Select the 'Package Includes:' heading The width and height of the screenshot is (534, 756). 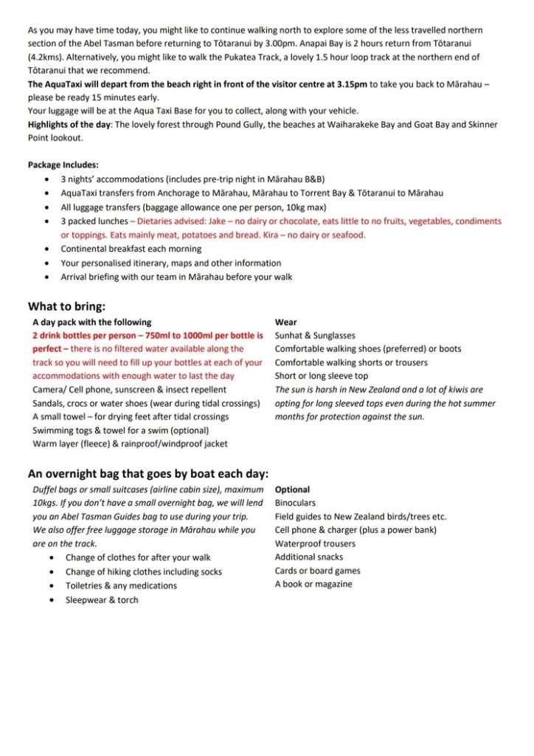point(63,165)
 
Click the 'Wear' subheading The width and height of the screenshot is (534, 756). point(285,322)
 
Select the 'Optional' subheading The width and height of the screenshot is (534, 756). point(292,489)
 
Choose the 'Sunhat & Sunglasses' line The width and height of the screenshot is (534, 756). point(315,335)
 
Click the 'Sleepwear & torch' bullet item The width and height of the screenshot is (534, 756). point(102,599)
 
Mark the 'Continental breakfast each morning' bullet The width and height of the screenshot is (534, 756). point(131,249)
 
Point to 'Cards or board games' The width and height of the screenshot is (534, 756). point(318,571)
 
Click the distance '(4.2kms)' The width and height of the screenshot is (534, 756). point(47,58)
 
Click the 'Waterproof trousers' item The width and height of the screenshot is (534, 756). point(315,544)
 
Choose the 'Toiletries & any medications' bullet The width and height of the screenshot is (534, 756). point(121,585)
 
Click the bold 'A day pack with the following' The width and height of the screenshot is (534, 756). point(91,322)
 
